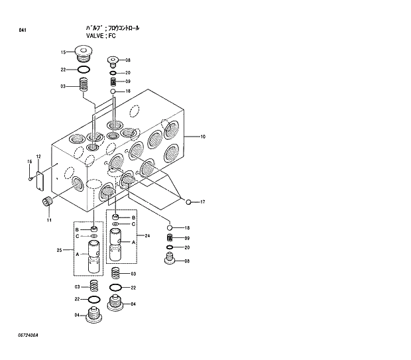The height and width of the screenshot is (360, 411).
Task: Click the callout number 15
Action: pos(64,52)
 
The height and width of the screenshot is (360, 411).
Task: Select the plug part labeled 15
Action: pos(84,53)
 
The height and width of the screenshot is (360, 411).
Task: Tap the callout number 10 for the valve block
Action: pos(203,137)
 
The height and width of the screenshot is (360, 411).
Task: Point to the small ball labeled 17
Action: pos(189,202)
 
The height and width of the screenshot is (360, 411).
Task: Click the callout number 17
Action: pos(203,202)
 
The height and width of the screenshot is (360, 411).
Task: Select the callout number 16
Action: pos(29,162)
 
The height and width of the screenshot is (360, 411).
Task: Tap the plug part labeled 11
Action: pos(47,202)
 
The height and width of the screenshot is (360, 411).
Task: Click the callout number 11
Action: pos(48,220)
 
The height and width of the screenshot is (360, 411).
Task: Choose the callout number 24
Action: pos(147,235)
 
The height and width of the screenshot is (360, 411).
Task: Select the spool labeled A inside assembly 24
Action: pos(116,243)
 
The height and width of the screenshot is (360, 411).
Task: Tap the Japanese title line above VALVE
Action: pos(113,28)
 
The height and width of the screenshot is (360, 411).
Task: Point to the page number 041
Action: pos(23,30)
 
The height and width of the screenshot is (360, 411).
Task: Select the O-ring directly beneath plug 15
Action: pos(84,70)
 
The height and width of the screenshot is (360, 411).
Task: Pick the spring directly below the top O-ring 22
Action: pos(84,85)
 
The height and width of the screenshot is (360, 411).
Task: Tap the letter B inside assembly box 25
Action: pos(77,229)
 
